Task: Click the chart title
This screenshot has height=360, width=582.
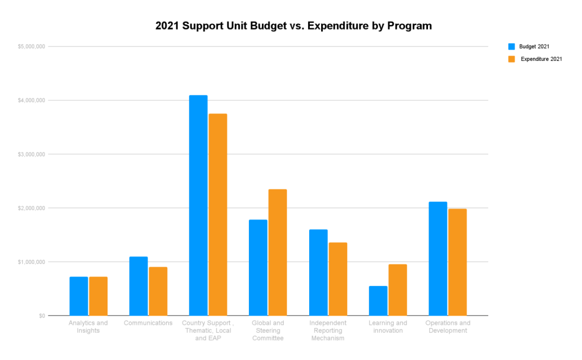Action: click(293, 26)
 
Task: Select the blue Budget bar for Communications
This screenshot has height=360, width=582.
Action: click(138, 286)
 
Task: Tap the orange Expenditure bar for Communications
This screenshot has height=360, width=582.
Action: click(158, 291)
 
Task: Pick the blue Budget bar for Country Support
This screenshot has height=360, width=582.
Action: click(198, 205)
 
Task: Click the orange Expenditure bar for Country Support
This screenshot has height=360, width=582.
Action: click(218, 214)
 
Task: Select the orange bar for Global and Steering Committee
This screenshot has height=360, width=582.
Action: click(277, 253)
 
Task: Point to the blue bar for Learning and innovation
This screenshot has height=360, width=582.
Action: click(378, 301)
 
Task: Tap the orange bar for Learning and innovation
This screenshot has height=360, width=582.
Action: click(398, 290)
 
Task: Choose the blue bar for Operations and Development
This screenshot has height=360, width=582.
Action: click(438, 259)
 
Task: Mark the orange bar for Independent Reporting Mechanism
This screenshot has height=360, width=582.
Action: click(338, 279)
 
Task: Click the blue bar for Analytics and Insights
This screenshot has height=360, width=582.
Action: click(78, 296)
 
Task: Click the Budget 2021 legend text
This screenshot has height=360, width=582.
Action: click(534, 47)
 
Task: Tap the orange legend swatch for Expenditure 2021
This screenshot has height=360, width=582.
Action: click(512, 59)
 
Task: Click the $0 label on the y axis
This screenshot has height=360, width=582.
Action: click(42, 316)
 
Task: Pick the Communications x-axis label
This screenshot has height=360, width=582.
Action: click(148, 323)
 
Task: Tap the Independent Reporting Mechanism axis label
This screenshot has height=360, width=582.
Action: click(328, 330)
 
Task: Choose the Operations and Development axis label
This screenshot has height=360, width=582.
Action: click(448, 327)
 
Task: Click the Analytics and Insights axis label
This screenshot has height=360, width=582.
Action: click(88, 327)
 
